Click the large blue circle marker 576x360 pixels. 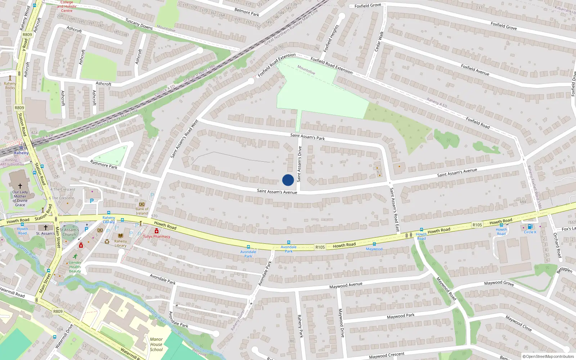pyautogui.click(x=288, y=180)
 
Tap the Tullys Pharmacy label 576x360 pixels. pyautogui.click(x=157, y=237)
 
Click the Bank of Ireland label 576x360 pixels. pyautogui.click(x=142, y=211)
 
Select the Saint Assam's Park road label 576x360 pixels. pyautogui.click(x=307, y=136)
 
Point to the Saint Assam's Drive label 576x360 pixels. pyautogui.click(x=299, y=164)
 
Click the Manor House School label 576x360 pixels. pyautogui.click(x=156, y=344)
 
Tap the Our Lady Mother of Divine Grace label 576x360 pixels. pyautogui.click(x=20, y=198)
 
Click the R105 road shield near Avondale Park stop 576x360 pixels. pyautogui.click(x=320, y=247)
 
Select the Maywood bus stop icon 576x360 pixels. pyautogui.click(x=374, y=244)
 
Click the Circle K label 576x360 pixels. pyautogui.click(x=530, y=232)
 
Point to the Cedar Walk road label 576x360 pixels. pyautogui.click(x=379, y=41)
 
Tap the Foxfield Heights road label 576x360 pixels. pyautogui.click(x=331, y=38)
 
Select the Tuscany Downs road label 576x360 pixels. pyautogui.click(x=139, y=24)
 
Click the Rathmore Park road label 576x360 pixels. pyautogui.click(x=104, y=165)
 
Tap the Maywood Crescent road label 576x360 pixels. pyautogui.click(x=387, y=355)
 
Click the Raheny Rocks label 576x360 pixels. pyautogui.click(x=10, y=86)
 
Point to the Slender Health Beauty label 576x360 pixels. pyautogui.click(x=75, y=267)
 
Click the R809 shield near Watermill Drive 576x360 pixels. pyautogui.click(x=58, y=311)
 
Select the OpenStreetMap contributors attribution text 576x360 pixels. pyautogui.click(x=548, y=357)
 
